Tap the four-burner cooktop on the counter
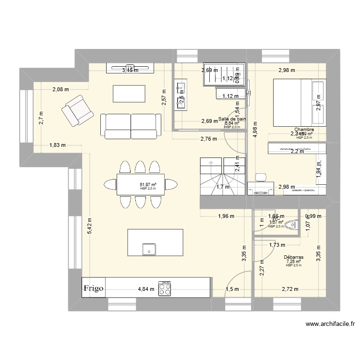tap(165, 288)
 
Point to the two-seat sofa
tap(131, 126)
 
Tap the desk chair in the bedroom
tap(262, 178)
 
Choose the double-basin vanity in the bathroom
tap(181, 96)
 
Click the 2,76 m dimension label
tap(208, 139)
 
